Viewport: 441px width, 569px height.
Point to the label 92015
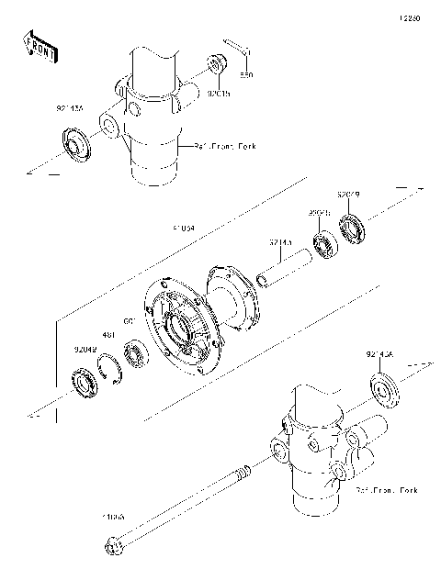[219, 93]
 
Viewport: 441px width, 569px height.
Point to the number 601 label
[130, 320]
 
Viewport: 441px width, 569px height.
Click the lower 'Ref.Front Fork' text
[388, 491]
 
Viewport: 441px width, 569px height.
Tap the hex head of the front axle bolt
[115, 547]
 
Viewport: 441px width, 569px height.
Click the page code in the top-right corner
[409, 17]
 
